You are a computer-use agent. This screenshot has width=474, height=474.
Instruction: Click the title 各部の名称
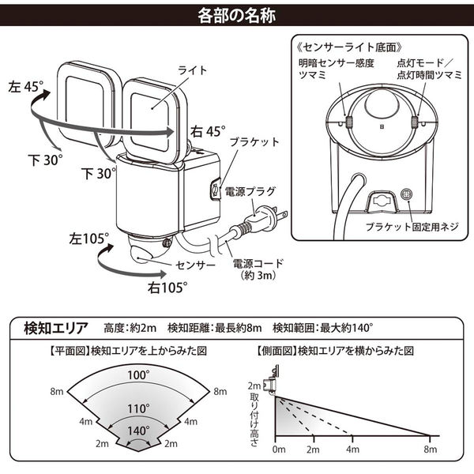[237, 16]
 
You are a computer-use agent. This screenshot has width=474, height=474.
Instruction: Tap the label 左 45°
[26, 87]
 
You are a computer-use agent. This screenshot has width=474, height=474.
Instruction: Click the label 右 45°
[208, 132]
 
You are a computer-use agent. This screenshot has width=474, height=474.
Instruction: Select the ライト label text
[192, 70]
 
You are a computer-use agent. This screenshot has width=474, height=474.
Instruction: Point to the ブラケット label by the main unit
[254, 141]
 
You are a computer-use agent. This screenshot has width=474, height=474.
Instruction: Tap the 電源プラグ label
[250, 191]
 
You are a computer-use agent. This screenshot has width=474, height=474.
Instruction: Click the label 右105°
[167, 288]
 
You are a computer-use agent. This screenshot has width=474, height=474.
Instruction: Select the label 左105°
[88, 239]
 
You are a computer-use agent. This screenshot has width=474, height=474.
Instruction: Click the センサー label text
[195, 265]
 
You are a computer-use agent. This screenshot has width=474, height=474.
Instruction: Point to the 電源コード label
[258, 263]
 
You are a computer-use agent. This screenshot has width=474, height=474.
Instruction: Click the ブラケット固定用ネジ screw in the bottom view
[407, 194]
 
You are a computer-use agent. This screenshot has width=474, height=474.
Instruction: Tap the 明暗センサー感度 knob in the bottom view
[349, 122]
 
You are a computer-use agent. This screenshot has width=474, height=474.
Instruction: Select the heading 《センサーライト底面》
[350, 47]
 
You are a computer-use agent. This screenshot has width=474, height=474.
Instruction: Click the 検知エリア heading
[56, 328]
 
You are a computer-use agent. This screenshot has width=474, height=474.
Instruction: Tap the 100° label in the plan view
[138, 375]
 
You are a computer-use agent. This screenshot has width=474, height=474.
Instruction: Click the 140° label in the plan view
[138, 431]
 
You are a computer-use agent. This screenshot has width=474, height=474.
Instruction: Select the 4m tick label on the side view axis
[353, 450]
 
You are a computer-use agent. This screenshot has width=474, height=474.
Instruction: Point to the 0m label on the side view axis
[279, 450]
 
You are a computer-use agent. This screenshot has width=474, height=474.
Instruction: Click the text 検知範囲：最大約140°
[323, 328]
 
